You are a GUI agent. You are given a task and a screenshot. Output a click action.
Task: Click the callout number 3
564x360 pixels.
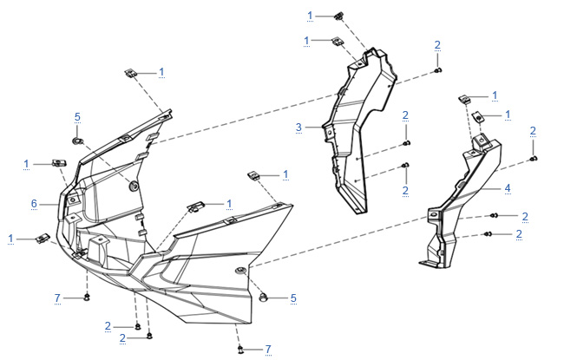point(298,127)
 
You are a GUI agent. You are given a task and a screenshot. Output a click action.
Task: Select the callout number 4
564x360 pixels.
point(508,187)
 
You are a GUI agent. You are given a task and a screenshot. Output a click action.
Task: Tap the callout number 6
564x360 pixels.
point(34,204)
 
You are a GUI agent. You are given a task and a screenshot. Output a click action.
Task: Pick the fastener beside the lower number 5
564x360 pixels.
point(264,298)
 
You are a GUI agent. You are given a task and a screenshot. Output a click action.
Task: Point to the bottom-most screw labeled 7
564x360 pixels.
point(240,349)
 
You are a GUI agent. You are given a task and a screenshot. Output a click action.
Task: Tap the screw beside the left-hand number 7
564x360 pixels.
point(86,298)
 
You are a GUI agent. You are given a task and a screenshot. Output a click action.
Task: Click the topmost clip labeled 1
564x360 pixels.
point(338,16)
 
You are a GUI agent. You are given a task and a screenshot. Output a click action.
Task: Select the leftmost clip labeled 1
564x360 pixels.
point(43,238)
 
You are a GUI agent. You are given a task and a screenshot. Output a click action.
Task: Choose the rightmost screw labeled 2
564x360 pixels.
point(534,159)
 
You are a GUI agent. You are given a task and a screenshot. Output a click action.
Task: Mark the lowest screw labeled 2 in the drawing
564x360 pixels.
point(149,337)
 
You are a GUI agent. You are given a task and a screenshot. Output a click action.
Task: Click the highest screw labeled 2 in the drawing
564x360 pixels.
point(437,70)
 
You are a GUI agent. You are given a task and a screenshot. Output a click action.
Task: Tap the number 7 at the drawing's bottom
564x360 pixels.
point(268,350)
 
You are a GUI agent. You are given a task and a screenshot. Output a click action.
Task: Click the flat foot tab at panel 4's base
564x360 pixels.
point(428,264)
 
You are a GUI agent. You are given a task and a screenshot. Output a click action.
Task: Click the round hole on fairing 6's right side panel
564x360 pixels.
point(239,270)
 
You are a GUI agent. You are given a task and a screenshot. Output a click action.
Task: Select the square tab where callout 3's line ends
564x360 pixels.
point(328,132)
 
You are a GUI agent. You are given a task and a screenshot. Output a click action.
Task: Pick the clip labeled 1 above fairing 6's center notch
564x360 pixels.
point(196,206)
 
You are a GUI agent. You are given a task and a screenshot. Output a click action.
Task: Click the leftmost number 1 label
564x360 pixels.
point(10,239)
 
